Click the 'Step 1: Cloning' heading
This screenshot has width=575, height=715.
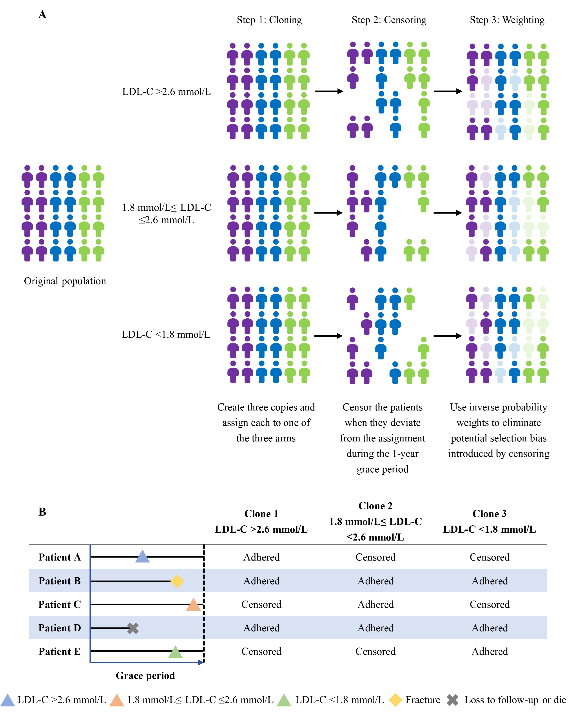(269, 20)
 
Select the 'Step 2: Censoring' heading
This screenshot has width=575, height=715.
(389, 20)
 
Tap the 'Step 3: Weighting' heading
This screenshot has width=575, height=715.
(507, 20)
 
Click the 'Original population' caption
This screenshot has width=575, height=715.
(65, 281)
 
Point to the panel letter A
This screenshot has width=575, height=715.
(42, 15)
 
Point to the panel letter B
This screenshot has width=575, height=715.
(42, 512)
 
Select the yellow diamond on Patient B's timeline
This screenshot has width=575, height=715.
(177, 581)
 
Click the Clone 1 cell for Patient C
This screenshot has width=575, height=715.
(261, 604)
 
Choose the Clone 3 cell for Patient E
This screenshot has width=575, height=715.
(490, 652)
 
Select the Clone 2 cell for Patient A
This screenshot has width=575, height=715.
(375, 557)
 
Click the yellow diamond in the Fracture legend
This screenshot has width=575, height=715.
(395, 700)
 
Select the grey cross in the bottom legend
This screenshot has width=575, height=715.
(453, 700)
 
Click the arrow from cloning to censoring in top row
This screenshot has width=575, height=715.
(329, 91)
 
